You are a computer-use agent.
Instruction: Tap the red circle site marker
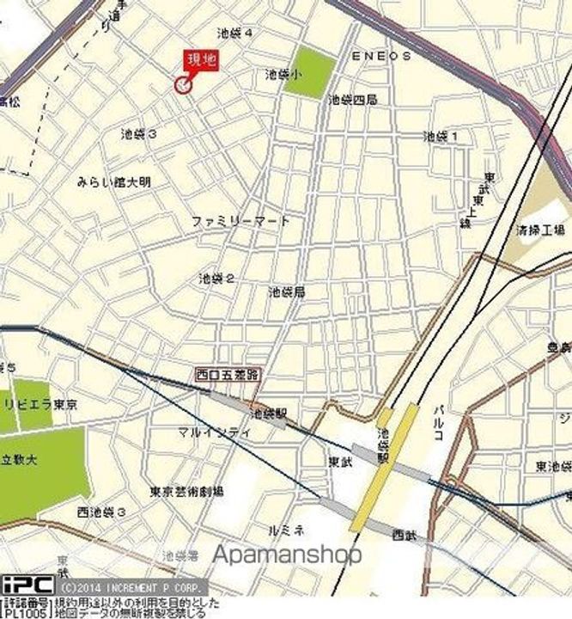click(x=182, y=84)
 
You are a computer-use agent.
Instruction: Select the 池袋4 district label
click(x=235, y=34)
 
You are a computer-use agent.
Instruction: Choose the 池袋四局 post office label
click(x=351, y=100)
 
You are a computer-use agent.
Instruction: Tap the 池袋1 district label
click(x=441, y=136)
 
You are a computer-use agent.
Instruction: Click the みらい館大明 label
click(x=113, y=181)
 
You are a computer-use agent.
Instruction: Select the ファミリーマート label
click(x=241, y=221)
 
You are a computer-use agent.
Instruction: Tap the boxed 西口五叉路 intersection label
click(x=228, y=374)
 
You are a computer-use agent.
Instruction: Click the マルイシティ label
click(x=215, y=432)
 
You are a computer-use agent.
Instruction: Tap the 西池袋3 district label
click(x=101, y=512)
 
